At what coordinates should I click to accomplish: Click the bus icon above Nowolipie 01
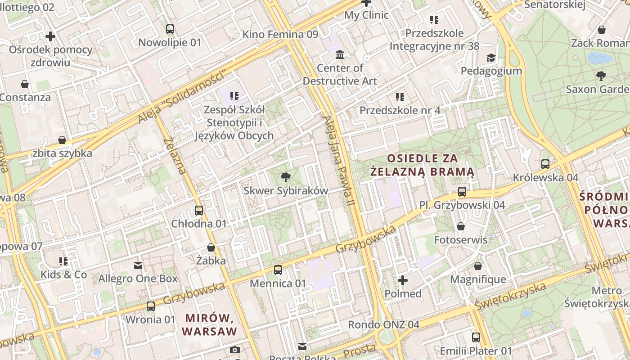[x=170, y=29]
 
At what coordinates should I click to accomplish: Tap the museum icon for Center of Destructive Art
[x=340, y=54]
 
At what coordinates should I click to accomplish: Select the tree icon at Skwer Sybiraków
[x=285, y=177]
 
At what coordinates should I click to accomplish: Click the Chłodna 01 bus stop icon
[x=198, y=210]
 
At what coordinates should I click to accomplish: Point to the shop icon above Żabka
[x=211, y=247]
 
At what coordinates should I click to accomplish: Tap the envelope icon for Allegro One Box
[x=138, y=265]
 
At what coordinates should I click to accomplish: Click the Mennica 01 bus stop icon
[x=278, y=270]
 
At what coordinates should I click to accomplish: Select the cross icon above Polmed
[x=403, y=280]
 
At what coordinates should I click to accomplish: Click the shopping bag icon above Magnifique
[x=478, y=266]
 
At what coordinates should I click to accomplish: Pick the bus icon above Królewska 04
[x=545, y=164]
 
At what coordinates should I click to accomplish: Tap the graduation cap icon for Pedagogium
[x=491, y=58]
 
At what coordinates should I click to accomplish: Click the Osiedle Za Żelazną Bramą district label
[x=422, y=165]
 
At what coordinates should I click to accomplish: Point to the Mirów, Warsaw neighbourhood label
[x=210, y=325]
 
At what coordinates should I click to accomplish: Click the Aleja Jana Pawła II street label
[x=339, y=162]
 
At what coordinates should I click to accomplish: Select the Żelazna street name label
[x=175, y=156]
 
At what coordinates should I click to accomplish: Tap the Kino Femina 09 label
[x=280, y=35]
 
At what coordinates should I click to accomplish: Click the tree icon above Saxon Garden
[x=601, y=76]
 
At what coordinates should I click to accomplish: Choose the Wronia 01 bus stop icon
[x=151, y=306]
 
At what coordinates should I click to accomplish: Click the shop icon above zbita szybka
[x=62, y=140]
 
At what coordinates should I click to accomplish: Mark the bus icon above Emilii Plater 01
[x=476, y=337]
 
